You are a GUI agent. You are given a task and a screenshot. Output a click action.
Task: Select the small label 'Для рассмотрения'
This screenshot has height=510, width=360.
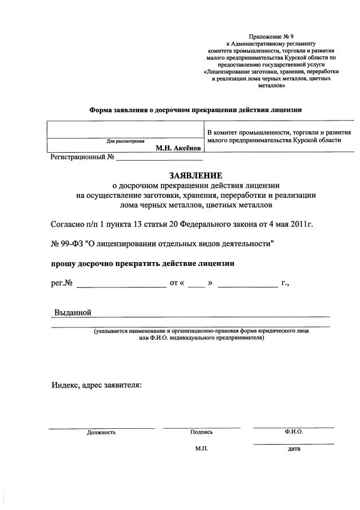[125, 141]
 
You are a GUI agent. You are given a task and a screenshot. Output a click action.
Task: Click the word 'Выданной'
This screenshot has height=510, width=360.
[73, 313]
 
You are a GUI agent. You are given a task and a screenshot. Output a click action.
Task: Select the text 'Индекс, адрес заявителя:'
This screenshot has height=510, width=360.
[96, 385]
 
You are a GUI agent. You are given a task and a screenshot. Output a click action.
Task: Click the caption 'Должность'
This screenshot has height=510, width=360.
[101, 432]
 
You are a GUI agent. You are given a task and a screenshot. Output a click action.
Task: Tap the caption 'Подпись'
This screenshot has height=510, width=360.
[202, 432]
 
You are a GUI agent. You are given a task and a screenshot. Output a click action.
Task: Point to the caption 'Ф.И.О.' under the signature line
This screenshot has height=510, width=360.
[294, 431]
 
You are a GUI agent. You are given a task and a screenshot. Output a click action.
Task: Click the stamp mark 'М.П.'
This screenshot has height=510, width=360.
[202, 449]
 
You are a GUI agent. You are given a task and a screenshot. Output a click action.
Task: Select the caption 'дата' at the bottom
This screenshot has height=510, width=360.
[294, 449]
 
